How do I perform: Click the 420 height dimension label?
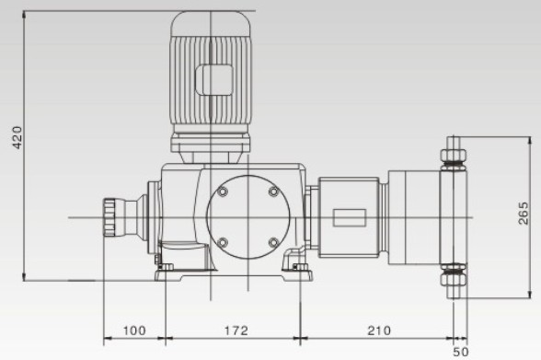(17, 137)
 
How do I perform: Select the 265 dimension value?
(523, 214)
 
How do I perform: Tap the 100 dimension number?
(134, 331)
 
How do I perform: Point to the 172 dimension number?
(236, 331)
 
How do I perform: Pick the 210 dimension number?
(379, 331)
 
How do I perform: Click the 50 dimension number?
(460, 352)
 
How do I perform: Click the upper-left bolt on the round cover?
(223, 192)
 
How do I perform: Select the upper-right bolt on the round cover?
(273, 192)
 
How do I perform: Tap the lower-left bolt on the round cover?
(223, 242)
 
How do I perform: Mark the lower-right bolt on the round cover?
(273, 242)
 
